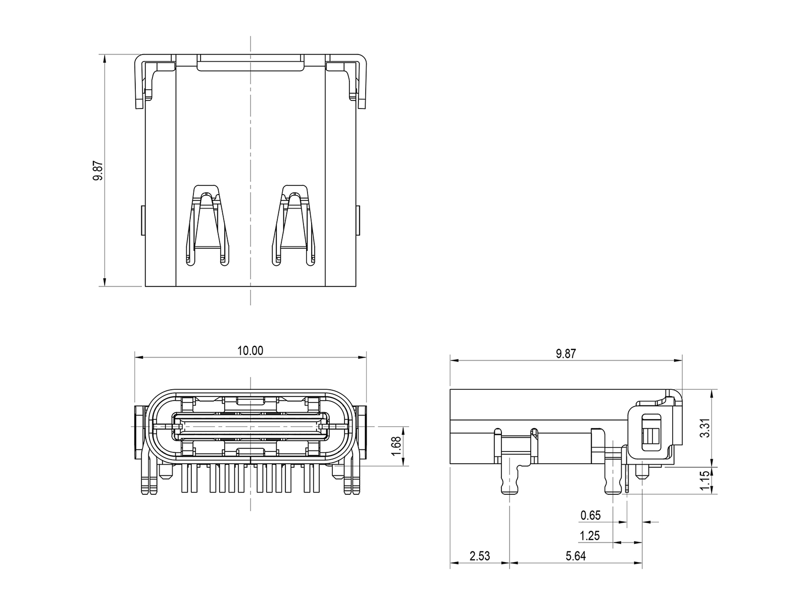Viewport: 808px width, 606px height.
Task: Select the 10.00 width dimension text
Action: tap(250, 350)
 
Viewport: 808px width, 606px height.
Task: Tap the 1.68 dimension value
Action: tap(396, 446)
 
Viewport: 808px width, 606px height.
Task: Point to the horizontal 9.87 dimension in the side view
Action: tap(566, 353)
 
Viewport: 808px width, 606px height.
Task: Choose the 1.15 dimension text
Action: tap(704, 481)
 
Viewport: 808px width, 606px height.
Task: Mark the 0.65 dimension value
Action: tap(590, 516)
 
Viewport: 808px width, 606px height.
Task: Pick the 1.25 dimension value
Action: tap(590, 536)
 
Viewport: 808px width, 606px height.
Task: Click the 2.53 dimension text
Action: tap(480, 556)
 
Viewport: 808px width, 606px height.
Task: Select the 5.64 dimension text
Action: tap(576, 556)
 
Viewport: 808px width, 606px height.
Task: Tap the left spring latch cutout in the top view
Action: tap(208, 225)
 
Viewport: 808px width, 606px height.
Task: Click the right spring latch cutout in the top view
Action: tap(294, 225)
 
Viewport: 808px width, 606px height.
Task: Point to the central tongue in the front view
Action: tap(250, 426)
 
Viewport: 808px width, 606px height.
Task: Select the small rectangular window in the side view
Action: tap(651, 433)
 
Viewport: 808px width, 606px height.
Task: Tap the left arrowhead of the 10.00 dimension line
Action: tap(138, 357)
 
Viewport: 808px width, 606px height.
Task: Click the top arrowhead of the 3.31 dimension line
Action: tap(712, 393)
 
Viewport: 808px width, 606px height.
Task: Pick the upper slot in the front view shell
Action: tap(250, 401)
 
